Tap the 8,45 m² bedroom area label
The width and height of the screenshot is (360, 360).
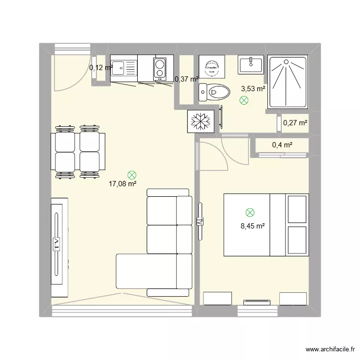252,226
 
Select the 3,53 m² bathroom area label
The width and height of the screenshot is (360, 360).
253,88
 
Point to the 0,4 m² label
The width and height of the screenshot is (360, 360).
282,145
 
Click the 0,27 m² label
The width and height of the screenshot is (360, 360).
295,123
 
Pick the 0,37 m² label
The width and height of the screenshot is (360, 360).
186,79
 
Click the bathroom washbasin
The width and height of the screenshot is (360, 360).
250,64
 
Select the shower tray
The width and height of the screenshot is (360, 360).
287,82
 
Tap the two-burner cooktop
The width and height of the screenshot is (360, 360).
159,68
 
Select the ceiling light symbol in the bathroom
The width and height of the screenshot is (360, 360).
244,100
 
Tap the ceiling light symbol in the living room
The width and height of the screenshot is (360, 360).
132,176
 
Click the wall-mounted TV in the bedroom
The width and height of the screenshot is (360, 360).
201,221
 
